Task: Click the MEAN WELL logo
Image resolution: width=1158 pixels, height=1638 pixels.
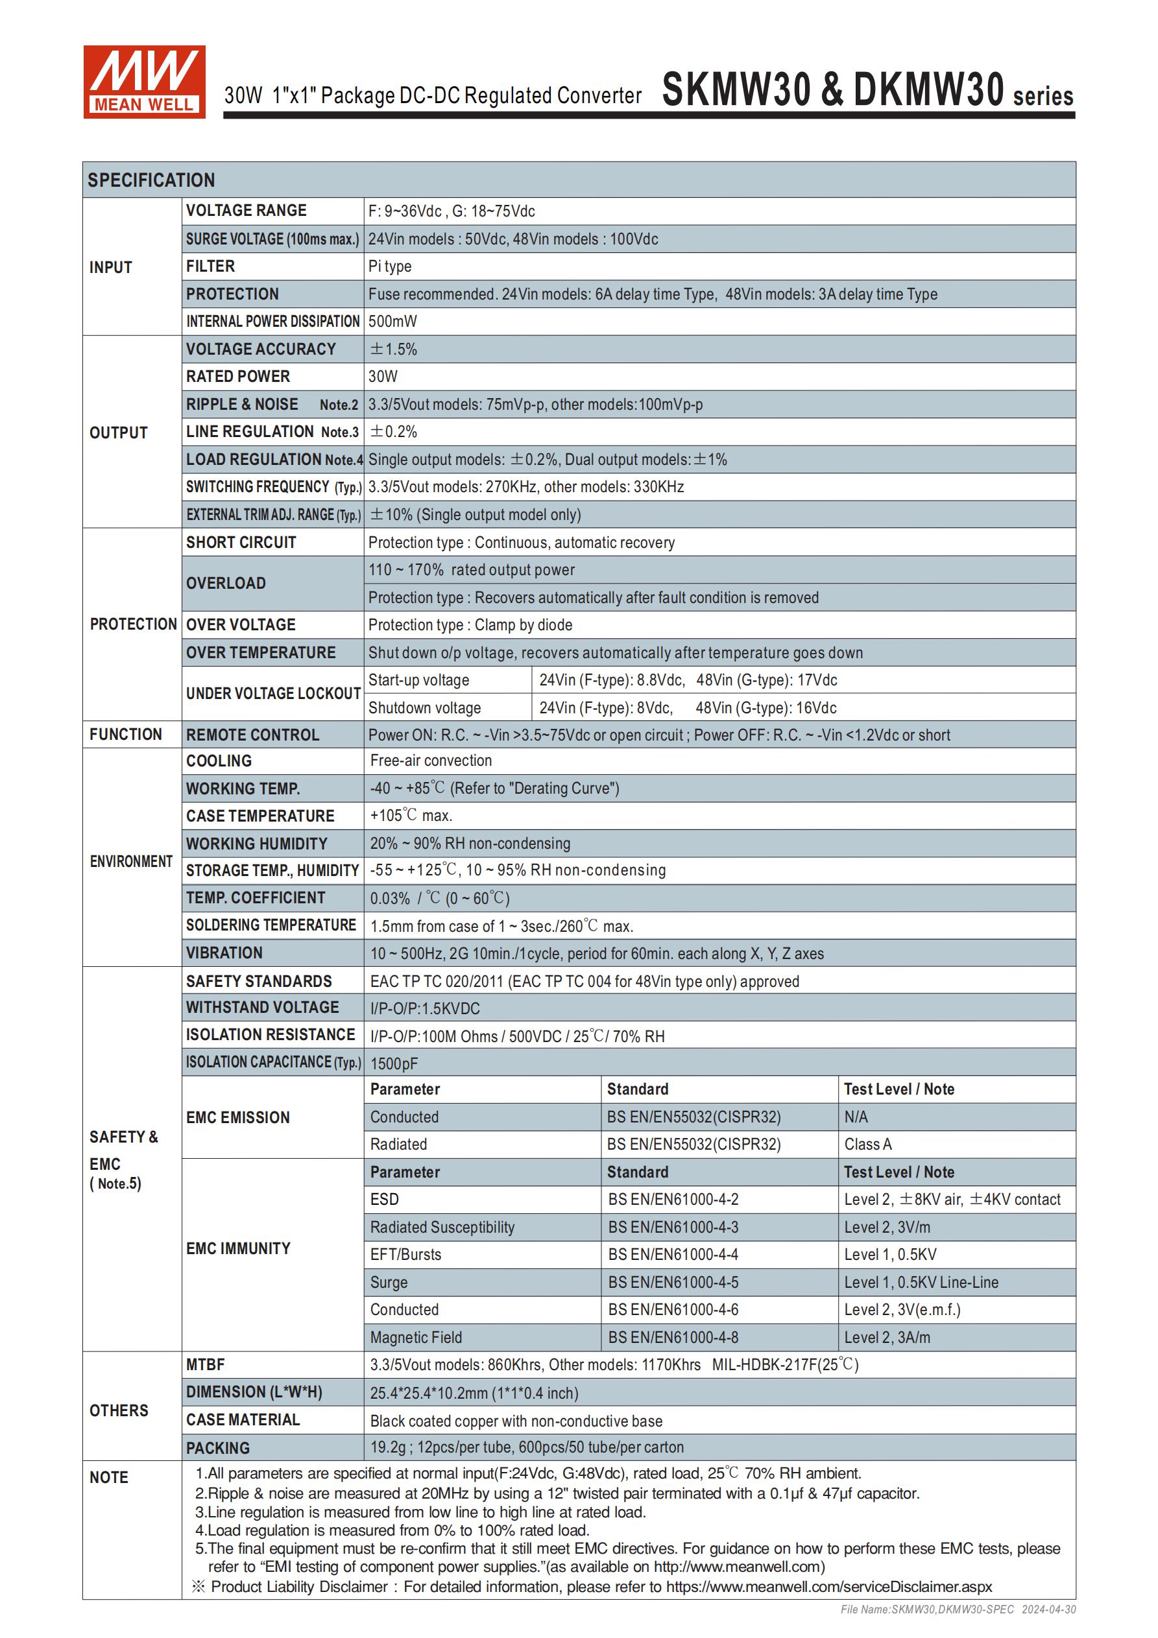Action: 144,82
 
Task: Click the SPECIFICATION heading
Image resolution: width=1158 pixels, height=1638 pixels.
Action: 151,180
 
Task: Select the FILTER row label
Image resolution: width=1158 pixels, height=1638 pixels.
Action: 211,266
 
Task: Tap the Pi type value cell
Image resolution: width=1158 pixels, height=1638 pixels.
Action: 390,267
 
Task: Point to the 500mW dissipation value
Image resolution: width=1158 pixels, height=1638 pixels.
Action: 392,322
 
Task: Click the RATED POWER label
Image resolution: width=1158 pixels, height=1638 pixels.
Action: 237,377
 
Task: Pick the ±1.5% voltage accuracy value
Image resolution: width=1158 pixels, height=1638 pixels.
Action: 392,349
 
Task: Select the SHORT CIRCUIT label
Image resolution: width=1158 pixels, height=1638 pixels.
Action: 241,542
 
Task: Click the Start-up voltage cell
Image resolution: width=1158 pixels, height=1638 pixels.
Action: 418,680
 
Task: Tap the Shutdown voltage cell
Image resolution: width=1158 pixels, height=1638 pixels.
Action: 424,707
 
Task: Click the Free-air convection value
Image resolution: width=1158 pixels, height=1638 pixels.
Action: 431,761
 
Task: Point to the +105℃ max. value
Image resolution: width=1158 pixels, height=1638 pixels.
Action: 411,815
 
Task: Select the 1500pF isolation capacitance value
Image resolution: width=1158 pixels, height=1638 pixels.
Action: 394,1063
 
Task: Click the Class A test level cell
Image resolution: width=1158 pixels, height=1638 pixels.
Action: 867,1145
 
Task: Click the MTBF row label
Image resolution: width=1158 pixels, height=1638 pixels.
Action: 206,1365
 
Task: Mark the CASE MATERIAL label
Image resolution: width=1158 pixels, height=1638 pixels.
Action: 243,1419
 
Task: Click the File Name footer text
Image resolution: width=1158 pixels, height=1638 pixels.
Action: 958,1609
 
